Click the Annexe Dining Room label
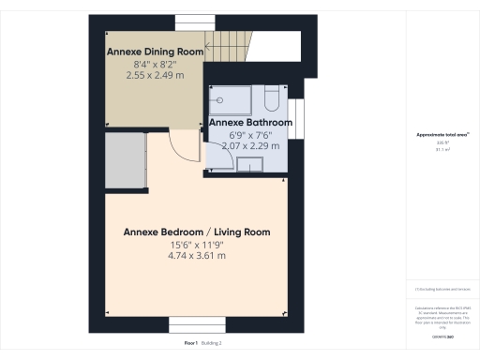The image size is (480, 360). pyautogui.click(x=155, y=51)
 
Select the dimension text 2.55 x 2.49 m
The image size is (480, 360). pyautogui.click(x=155, y=74)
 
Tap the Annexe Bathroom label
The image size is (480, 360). pyautogui.click(x=250, y=123)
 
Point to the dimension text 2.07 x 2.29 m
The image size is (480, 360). pyautogui.click(x=250, y=145)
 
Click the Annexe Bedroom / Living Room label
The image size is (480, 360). pyautogui.click(x=198, y=232)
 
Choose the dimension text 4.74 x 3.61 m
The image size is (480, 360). pyautogui.click(x=198, y=255)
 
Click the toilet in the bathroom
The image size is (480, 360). pyautogui.click(x=271, y=98)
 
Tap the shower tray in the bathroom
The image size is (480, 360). pyautogui.click(x=232, y=97)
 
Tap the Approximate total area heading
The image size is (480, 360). pyautogui.click(x=442, y=135)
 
